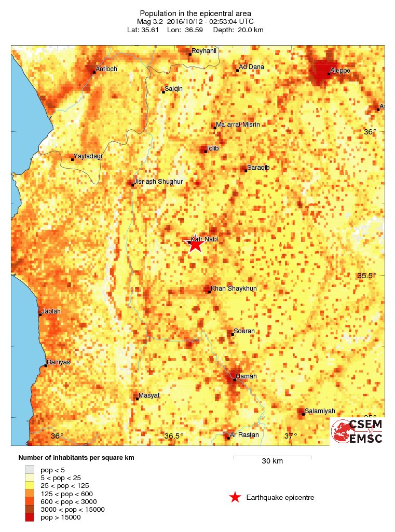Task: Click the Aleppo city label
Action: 340,70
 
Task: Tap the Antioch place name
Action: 106,69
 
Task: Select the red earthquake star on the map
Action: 195,244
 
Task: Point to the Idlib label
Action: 213,148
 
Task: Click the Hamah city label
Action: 246,376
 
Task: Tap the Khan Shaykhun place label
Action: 235,289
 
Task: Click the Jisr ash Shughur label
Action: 159,182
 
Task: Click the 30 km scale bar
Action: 272,457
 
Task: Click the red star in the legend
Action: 235,498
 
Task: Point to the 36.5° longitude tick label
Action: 174,436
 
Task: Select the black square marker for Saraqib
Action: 246,170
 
